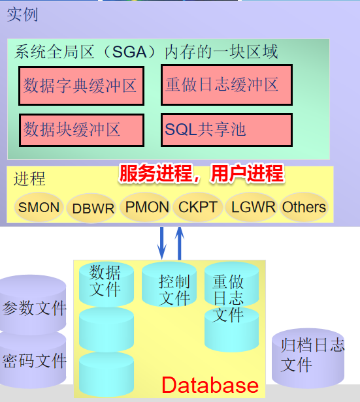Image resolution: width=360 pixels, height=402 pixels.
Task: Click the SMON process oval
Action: (x=39, y=207)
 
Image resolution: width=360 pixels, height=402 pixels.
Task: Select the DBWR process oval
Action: (x=91, y=208)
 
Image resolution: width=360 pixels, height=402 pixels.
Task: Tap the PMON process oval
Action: (x=145, y=207)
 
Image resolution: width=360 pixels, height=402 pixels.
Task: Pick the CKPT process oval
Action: (x=197, y=207)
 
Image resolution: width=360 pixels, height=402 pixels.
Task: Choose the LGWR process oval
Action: (x=252, y=207)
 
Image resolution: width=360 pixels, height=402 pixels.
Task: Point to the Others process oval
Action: (x=304, y=207)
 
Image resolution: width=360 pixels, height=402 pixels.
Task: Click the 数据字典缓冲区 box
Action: (x=81, y=85)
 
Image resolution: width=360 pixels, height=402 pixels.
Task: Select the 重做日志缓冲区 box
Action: (x=227, y=85)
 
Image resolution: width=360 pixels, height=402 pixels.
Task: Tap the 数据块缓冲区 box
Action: (x=82, y=131)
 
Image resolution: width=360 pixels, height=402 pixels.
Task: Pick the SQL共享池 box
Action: (x=227, y=130)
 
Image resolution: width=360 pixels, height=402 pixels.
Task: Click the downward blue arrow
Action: (x=161, y=243)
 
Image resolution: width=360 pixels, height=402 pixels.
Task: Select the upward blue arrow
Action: (x=180, y=243)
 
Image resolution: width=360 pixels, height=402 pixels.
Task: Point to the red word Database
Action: (x=210, y=385)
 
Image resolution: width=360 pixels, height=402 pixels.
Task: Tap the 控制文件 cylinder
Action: (x=169, y=284)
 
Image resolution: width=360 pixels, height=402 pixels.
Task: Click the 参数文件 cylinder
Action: (x=33, y=305)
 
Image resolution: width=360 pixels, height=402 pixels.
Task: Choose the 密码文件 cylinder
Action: (x=33, y=359)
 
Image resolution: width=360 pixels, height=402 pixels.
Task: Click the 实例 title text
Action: (x=23, y=14)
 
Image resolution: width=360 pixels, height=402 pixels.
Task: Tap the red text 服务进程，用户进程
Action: (x=201, y=174)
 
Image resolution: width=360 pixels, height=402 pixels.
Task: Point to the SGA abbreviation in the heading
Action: (x=129, y=52)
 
